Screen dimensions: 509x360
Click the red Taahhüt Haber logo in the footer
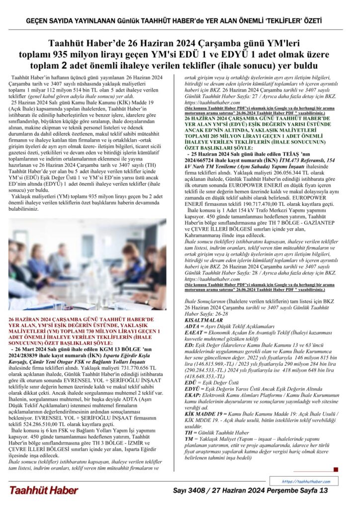point(44,490)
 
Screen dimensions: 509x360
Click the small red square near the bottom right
point(336,469)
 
